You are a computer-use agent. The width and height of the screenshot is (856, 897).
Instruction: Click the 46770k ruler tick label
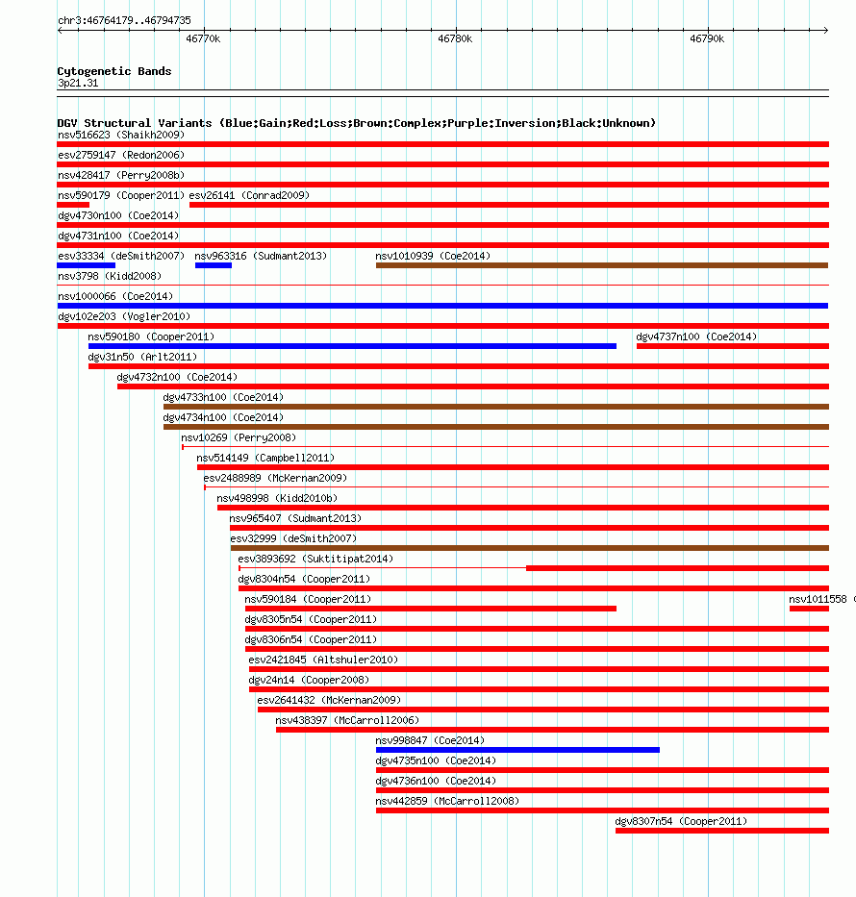click(x=203, y=39)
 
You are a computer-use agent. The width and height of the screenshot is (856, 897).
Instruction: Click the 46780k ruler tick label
click(x=455, y=39)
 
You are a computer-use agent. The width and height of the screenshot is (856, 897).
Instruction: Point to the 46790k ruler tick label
click(x=707, y=39)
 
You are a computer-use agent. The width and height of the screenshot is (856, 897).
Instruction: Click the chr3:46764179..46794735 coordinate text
click(x=124, y=20)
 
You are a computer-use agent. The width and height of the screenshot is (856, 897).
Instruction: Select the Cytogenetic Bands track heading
click(x=114, y=71)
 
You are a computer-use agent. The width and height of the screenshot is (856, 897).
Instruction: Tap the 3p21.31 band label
click(x=78, y=84)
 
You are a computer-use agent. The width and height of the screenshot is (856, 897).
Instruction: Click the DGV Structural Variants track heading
click(x=356, y=123)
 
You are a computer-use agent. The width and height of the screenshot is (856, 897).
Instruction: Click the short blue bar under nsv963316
click(x=213, y=265)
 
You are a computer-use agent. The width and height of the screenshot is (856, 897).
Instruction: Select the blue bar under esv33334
click(x=86, y=265)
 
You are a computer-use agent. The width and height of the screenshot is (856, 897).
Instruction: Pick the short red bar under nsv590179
click(x=73, y=205)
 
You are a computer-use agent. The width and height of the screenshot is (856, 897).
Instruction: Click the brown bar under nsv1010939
click(x=601, y=265)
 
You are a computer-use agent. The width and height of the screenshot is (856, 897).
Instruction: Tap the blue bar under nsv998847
click(x=517, y=750)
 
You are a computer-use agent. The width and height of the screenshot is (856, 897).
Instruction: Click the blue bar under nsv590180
click(x=352, y=346)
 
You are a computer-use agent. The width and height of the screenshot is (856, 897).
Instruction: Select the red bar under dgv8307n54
click(x=721, y=831)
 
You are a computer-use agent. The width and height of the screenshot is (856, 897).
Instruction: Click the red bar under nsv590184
click(x=430, y=609)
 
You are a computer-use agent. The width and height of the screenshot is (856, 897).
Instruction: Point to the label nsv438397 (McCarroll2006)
click(x=347, y=720)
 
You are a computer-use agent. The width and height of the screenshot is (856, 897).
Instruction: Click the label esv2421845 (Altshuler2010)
click(x=323, y=660)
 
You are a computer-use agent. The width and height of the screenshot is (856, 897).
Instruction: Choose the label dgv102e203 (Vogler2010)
click(x=124, y=316)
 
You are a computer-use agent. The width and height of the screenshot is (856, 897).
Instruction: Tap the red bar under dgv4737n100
click(x=732, y=346)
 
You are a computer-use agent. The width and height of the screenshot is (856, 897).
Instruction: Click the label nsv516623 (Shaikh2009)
click(x=121, y=135)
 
